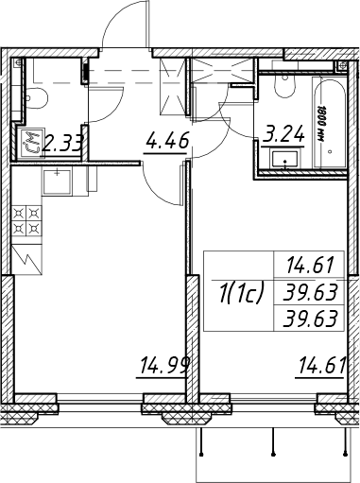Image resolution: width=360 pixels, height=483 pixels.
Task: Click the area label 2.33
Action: [63, 144]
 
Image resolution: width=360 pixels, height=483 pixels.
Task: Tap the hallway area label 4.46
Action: [167, 141]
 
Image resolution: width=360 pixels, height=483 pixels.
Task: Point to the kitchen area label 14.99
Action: [163, 366]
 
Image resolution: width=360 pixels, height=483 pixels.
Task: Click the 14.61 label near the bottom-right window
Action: [322, 365]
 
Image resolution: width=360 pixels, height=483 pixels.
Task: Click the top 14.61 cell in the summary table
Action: [310, 265]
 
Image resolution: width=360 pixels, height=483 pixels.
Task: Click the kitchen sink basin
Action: [57, 181]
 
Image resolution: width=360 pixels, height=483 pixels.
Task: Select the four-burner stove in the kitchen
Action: [26, 220]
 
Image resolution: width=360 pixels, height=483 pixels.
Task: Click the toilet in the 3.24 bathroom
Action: [285, 86]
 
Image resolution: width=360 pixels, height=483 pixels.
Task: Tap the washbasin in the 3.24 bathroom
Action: [285, 161]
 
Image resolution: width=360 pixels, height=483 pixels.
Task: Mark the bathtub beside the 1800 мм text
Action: [330, 122]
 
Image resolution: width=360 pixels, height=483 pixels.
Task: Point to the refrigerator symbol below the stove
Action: [26, 259]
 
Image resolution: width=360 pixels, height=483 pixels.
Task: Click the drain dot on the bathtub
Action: [330, 151]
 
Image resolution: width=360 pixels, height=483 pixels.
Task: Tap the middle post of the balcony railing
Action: [273, 441]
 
